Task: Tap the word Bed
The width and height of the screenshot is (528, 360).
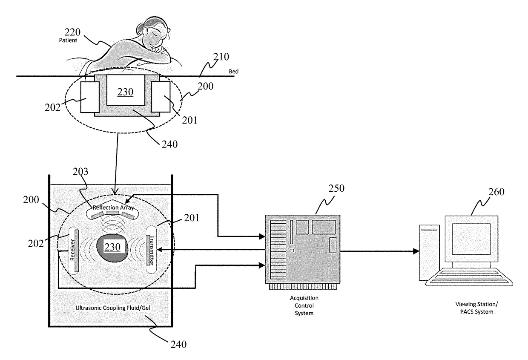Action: [233, 72]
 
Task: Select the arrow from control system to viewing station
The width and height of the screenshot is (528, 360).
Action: [379, 251]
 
